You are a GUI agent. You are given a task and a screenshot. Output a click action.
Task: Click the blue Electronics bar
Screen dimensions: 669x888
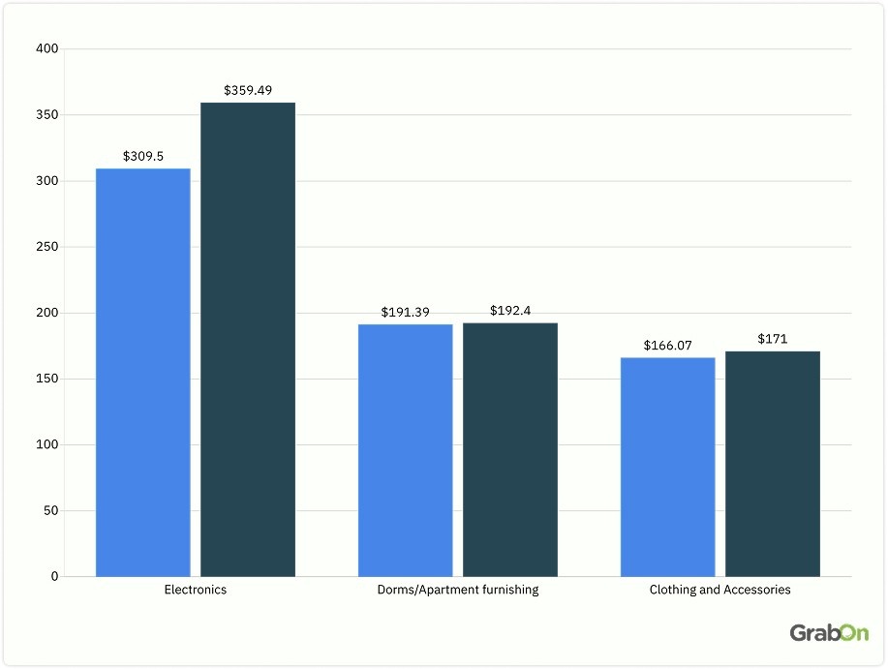143,373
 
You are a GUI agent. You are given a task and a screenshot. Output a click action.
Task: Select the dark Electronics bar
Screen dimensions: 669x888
248,340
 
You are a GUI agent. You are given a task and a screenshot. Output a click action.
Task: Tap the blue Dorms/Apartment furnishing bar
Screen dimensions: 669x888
405,450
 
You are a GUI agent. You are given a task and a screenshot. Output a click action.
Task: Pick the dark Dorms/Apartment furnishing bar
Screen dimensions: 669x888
510,450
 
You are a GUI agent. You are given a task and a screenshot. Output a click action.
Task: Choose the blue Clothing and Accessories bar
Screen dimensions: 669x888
667,467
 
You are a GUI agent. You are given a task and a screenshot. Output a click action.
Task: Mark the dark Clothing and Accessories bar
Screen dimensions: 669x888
773,464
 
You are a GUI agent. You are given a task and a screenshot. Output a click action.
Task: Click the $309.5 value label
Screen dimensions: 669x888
142,156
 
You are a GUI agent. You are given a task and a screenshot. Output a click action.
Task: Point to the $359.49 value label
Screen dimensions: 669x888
248,90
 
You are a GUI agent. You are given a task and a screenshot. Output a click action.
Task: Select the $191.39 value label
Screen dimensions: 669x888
405,312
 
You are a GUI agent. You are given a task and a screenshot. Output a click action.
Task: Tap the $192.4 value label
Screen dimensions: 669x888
510,311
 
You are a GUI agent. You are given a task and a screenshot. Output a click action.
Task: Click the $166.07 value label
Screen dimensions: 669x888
667,345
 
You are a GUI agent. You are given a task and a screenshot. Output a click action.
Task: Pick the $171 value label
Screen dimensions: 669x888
773,339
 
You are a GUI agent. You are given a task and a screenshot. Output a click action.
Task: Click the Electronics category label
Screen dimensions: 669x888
196,590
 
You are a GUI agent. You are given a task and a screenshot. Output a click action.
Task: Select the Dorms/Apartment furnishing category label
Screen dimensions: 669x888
457,590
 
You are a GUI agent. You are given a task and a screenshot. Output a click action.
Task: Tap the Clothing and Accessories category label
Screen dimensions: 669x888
720,590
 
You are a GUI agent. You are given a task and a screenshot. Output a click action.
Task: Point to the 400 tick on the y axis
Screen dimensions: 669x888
47,49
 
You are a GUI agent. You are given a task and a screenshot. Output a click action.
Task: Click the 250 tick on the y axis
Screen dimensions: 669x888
47,247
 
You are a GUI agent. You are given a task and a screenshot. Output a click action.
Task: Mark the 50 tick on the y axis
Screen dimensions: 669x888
50,511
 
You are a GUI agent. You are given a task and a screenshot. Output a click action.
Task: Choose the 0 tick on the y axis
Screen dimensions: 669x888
54,577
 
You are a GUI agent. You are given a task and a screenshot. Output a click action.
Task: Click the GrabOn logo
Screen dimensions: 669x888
829,633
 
